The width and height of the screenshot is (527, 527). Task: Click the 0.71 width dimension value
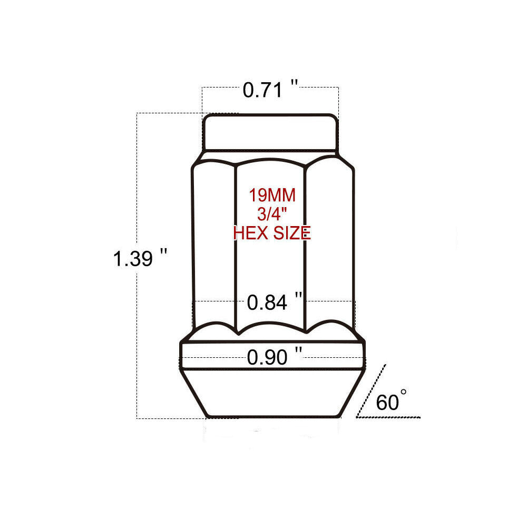(x=262, y=91)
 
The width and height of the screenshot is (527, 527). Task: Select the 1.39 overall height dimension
(x=133, y=259)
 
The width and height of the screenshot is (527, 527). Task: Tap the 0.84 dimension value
(x=267, y=302)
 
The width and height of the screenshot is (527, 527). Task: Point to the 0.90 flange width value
(x=267, y=357)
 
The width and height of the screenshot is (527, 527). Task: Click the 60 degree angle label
(x=387, y=402)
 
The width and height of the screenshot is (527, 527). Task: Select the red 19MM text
(x=272, y=196)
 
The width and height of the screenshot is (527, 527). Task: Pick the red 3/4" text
(x=272, y=214)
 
